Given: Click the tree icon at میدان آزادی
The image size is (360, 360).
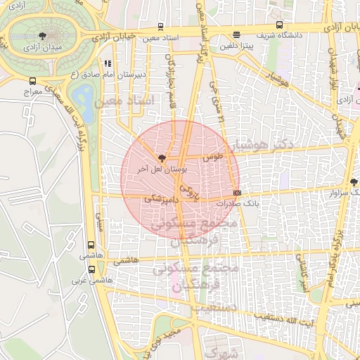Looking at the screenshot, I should [x=44, y=36].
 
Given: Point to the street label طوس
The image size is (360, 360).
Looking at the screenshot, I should [x=213, y=158].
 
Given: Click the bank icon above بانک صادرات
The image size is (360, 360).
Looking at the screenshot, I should [x=237, y=193].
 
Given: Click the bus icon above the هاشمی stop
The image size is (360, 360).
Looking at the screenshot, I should [x=91, y=245].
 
